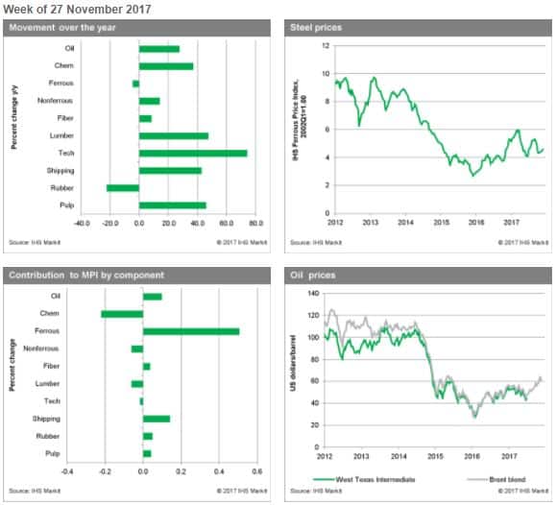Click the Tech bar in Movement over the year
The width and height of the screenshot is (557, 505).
[x=192, y=153]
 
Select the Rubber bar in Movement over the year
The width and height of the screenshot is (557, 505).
[x=122, y=187]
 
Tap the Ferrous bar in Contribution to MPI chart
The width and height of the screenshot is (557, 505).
[x=190, y=331]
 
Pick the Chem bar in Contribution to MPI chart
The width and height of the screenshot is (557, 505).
[x=122, y=313]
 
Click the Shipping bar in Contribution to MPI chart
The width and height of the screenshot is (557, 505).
[x=156, y=419]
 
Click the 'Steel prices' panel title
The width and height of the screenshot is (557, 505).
[x=316, y=27]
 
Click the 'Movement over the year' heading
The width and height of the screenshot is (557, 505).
[x=62, y=27]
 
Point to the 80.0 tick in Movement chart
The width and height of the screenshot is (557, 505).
[x=254, y=223]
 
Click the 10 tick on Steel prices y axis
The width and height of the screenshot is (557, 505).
[x=327, y=74]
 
